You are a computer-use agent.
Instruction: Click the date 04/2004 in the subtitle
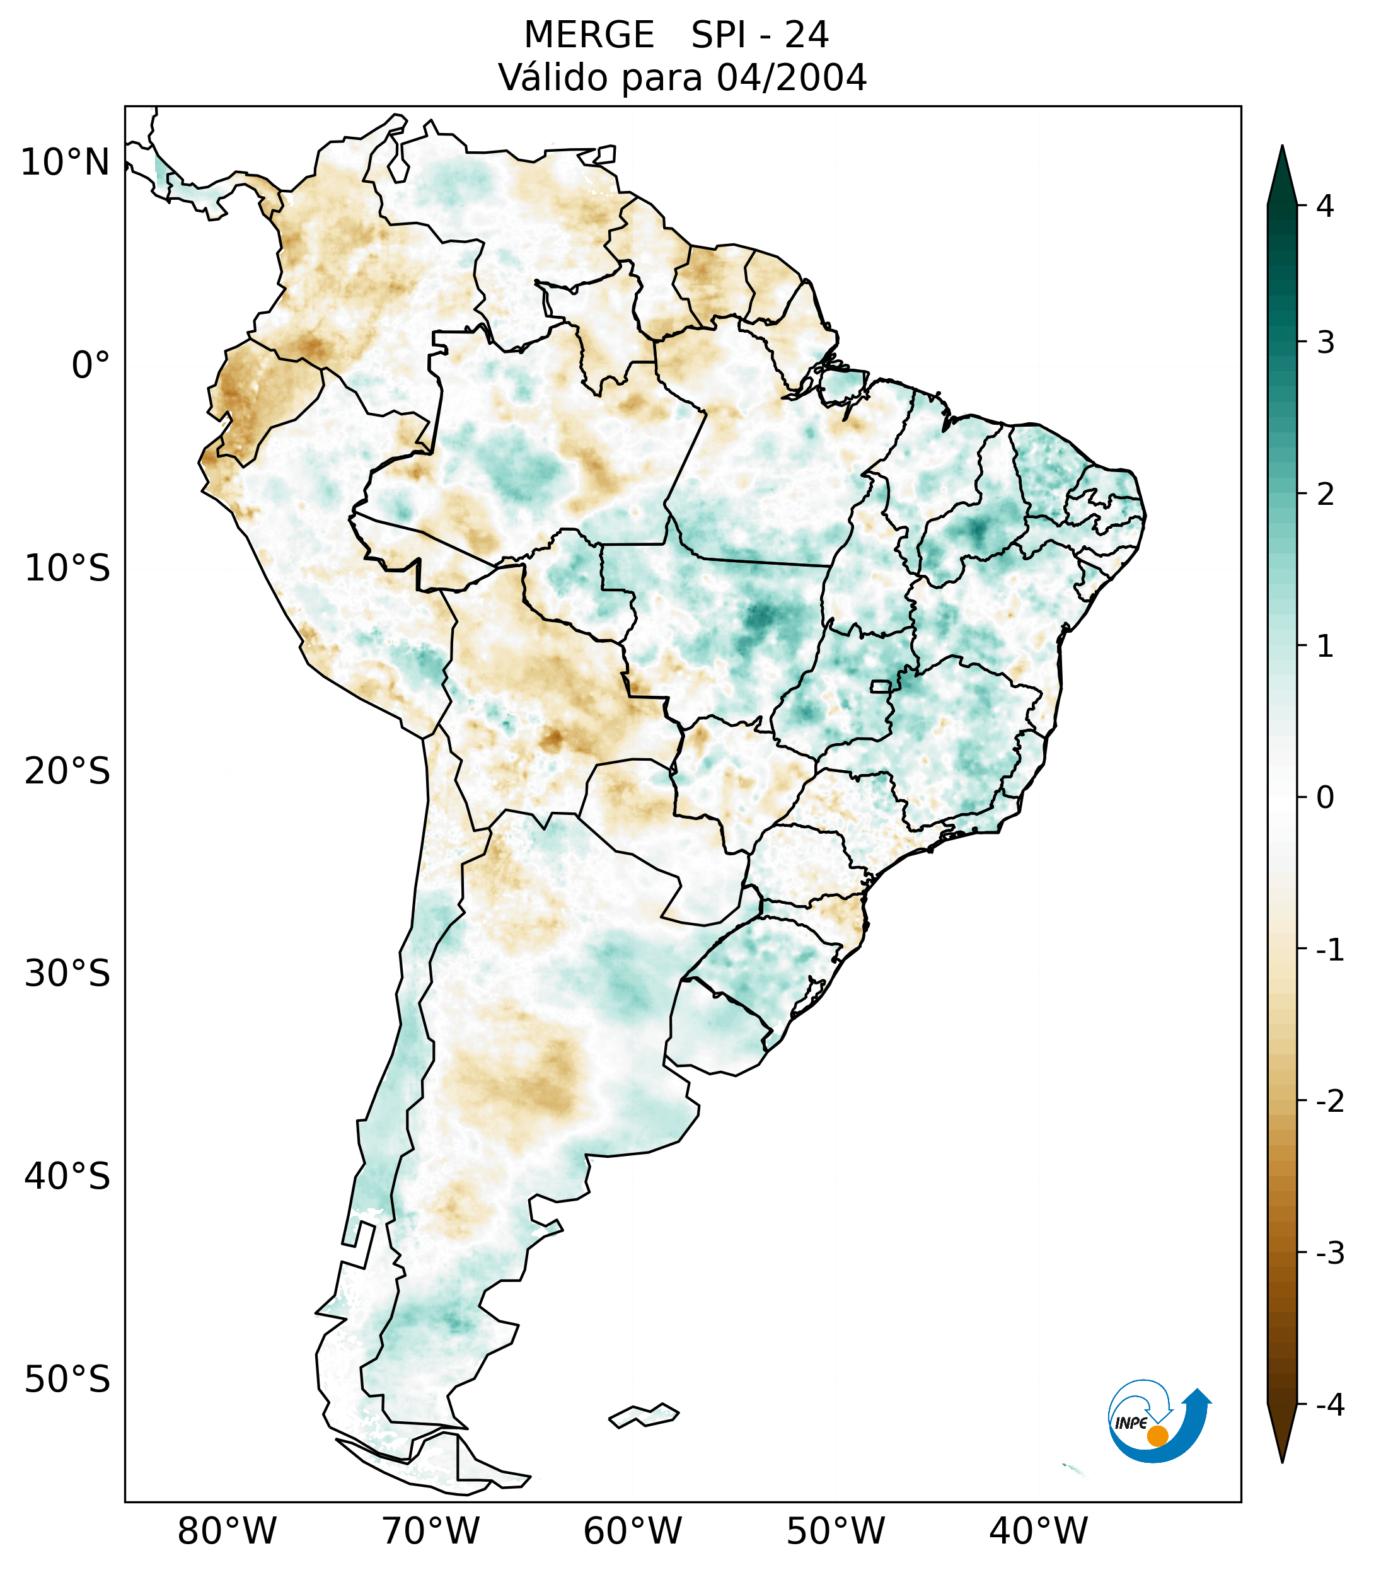791,78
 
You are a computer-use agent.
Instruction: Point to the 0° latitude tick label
91,366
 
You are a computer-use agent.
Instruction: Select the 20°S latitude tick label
67,771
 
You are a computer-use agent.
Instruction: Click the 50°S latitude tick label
67,1380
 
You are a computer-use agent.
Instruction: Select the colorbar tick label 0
1325,798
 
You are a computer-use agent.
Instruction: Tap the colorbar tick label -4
1329,1405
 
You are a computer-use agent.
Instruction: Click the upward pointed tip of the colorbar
1281,151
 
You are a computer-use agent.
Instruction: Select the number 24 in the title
807,35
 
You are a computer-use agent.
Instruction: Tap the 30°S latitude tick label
67,974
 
